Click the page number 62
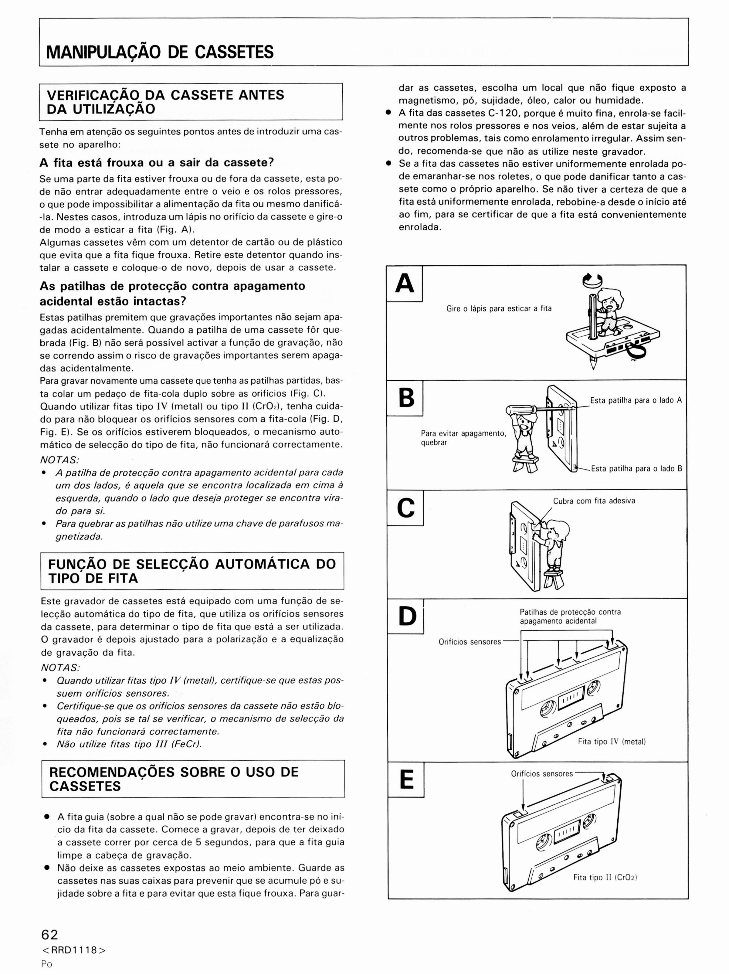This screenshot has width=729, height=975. (x=49, y=934)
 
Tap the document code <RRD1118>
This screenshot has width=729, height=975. (x=73, y=950)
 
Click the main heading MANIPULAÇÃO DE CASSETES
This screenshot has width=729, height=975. (x=160, y=52)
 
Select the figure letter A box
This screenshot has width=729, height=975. (x=405, y=284)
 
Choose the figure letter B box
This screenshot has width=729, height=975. (x=405, y=398)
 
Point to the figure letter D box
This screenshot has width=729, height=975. (x=406, y=616)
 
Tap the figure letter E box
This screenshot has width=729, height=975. (x=406, y=779)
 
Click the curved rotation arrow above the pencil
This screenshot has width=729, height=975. (x=593, y=280)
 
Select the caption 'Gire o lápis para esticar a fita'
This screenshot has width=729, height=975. (x=499, y=308)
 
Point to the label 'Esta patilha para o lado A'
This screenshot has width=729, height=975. (x=636, y=400)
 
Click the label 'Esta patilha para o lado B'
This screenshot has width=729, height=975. (x=636, y=469)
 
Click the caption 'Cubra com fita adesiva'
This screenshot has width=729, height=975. (x=594, y=501)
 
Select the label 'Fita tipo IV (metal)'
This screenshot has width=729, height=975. (x=612, y=741)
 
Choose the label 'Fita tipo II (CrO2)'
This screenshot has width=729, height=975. (x=605, y=877)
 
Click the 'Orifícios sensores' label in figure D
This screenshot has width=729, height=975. (x=470, y=642)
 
